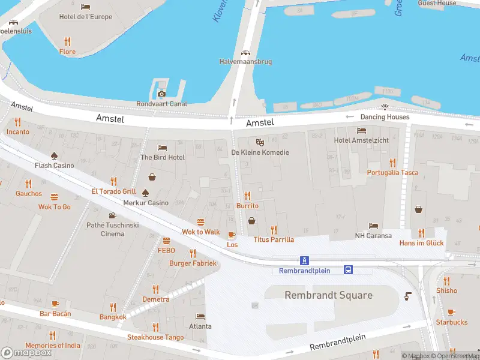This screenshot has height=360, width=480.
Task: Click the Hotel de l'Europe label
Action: tap(85, 17)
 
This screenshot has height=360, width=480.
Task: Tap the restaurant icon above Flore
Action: tap(67, 41)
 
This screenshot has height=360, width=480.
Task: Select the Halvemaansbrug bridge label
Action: tap(245, 62)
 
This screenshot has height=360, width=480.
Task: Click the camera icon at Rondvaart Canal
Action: tap(161, 93)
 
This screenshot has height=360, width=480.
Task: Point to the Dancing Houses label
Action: tap(385, 117)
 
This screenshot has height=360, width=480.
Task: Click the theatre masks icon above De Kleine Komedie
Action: tap(260, 142)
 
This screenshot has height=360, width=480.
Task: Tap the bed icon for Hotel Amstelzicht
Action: tap(361, 130)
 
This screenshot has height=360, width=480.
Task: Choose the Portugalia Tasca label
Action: tap(392, 173)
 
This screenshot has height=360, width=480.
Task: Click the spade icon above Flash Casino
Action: tap(55, 155)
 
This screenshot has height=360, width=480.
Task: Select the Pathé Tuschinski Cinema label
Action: tap(112, 229)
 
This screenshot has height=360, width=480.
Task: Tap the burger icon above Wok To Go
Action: tap(55, 197)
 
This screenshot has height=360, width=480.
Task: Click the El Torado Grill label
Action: tap(113, 191)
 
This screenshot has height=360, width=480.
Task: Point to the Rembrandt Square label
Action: tap(328, 295)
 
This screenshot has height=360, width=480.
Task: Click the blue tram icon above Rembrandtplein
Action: tap(305, 260)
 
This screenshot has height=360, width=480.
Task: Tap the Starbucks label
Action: tap(451, 322)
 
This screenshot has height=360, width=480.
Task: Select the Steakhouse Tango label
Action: tap(155, 337)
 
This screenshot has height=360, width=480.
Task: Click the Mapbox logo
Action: tap(26, 352)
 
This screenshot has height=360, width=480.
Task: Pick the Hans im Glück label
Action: tap(421, 243)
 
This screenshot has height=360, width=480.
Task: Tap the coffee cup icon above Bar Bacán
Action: tap(55, 304)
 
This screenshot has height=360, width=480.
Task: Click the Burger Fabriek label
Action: tap(193, 263)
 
